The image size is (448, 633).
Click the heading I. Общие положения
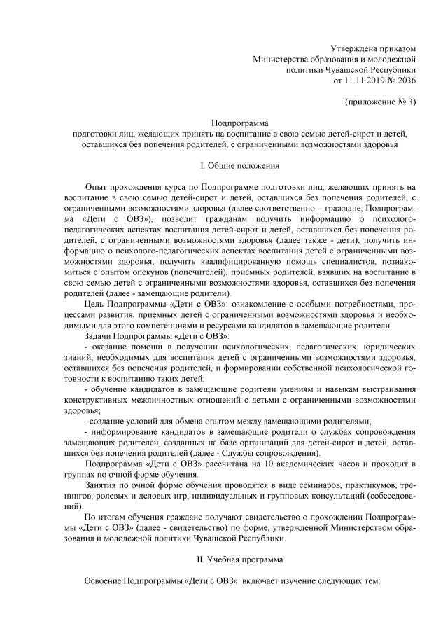(x=240, y=166)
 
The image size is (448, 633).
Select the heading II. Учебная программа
(x=239, y=560)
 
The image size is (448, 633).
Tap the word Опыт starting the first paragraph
(x=96, y=188)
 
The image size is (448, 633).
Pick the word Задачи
(x=98, y=336)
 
